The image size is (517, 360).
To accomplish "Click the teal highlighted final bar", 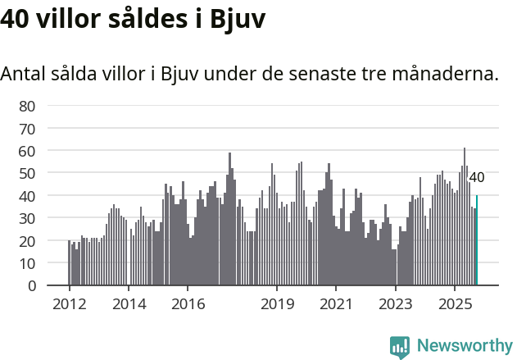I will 477,241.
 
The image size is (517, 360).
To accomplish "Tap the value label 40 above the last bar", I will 476,177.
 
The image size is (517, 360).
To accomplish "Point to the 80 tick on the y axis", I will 27,106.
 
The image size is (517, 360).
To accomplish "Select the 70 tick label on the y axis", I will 27,129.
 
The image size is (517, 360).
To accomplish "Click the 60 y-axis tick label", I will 27,151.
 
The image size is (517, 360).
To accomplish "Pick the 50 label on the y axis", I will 27,174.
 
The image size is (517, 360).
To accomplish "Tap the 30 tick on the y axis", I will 27,219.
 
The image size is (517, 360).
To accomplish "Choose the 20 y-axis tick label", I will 27,241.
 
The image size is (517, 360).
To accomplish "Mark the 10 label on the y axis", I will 27,264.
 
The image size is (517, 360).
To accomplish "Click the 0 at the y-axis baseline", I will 31,286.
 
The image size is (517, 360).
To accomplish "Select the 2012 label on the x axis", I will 69,304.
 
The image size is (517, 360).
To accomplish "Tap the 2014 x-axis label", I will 129,304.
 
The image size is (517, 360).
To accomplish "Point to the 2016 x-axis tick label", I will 188,304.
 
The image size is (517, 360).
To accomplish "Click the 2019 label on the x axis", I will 277,304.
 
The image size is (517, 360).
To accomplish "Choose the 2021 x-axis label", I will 336,304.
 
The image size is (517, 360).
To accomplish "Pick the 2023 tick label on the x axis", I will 395,304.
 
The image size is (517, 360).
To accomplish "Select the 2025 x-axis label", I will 455,304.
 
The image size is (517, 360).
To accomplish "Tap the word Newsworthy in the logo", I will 464,345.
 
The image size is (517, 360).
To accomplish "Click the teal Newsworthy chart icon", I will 400,347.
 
